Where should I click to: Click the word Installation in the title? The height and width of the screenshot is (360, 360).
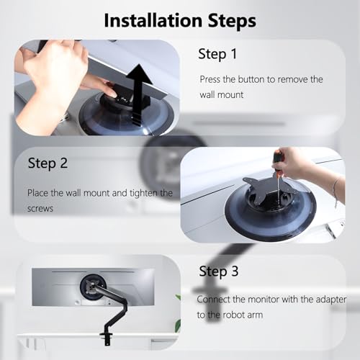pyautogui.click(x=153, y=20)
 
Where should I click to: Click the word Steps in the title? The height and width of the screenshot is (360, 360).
pyautogui.click(x=232, y=21)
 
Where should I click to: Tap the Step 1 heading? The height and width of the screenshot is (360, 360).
pyautogui.click(x=217, y=54)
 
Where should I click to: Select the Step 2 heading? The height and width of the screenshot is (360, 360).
pyautogui.click(x=48, y=163)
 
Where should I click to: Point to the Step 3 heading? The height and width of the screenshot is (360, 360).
pyautogui.click(x=219, y=271)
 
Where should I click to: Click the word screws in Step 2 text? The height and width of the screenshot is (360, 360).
pyautogui.click(x=40, y=208)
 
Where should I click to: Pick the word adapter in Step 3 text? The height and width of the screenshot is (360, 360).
pyautogui.click(x=331, y=300)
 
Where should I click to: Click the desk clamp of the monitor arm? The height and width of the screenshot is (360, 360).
pyautogui.click(x=106, y=338)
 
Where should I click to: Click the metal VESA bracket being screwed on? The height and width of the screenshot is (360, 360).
pyautogui.click(x=265, y=186)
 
